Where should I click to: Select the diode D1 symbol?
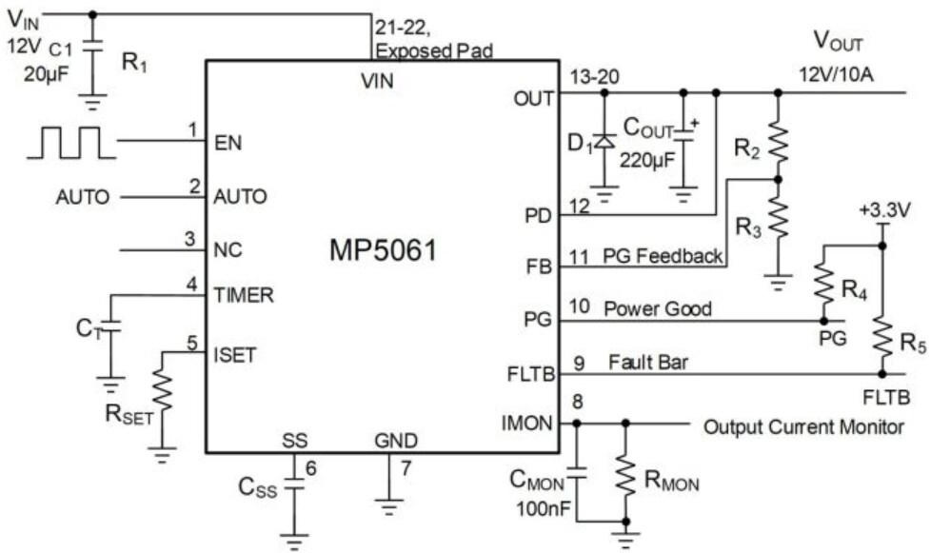pyautogui.click(x=602, y=143)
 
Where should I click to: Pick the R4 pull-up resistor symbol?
pyautogui.click(x=824, y=281)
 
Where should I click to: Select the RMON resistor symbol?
pyautogui.click(x=626, y=473)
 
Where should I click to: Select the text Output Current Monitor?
pyautogui.click(x=803, y=426)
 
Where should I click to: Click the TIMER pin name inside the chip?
pyautogui.click(x=245, y=295)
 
